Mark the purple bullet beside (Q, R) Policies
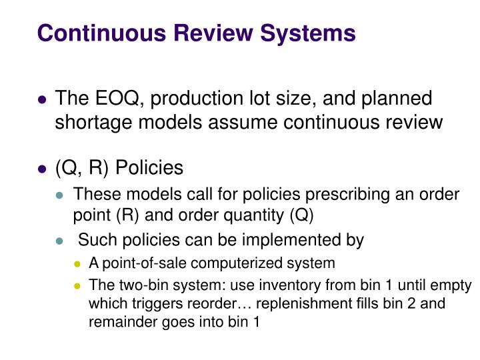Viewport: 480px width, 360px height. pos(42,169)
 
